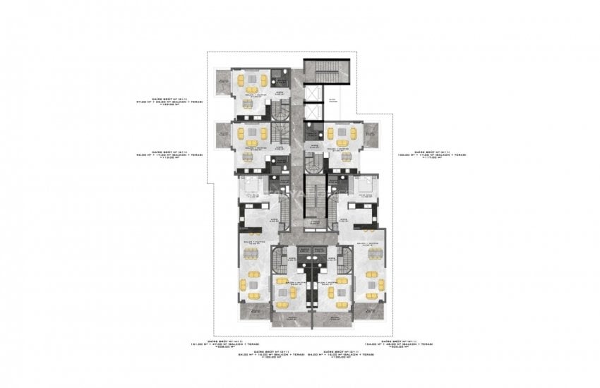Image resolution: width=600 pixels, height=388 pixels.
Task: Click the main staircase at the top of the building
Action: [x=320, y=72]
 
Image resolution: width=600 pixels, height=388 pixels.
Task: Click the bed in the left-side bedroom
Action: [x=250, y=188]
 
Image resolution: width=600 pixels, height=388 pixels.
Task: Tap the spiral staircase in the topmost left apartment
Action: [x=281, y=109]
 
